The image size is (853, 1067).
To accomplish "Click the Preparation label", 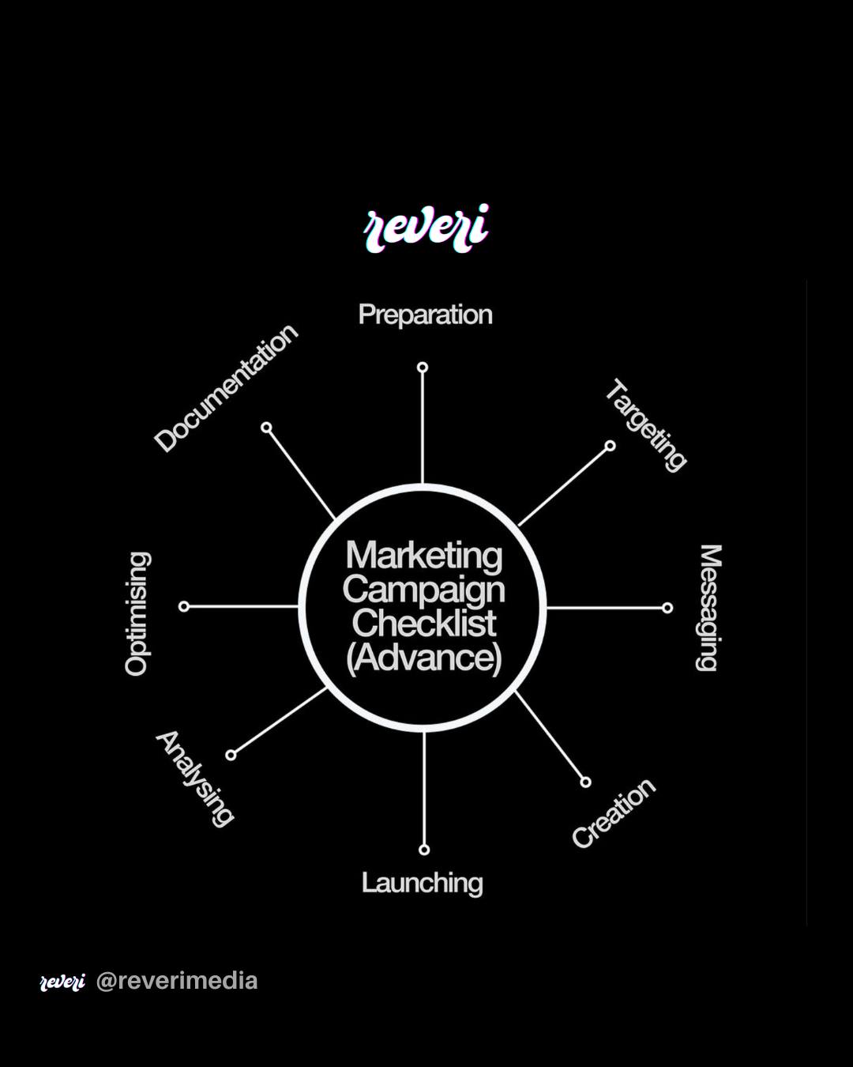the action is tap(425, 315).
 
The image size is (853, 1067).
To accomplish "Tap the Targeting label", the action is tap(646, 425).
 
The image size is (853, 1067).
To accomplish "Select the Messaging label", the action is tap(708, 608).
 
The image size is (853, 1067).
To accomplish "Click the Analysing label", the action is tap(194, 779).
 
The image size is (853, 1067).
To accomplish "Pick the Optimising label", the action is tap(137, 613).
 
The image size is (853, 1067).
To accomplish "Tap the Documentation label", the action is tap(226, 388).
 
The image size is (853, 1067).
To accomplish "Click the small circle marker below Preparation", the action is tap(423, 368).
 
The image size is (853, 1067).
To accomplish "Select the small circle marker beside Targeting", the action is tap(611, 446).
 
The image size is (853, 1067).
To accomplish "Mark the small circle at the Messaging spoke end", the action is tap(667, 608).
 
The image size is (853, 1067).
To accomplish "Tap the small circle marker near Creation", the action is tap(585, 782).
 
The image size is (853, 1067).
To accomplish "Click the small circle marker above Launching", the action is tap(424, 850).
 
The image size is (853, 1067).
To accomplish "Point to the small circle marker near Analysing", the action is tap(231, 755).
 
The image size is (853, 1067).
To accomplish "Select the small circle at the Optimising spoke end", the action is tap(184, 606).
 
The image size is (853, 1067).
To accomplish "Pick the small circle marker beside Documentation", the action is tap(266, 428).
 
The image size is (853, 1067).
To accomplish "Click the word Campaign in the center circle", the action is tap(424, 590).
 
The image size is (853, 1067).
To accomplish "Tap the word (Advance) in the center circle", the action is tap(424, 658).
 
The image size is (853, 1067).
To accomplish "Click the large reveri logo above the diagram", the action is tap(426, 228).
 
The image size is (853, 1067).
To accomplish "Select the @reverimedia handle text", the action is tap(177, 981).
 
